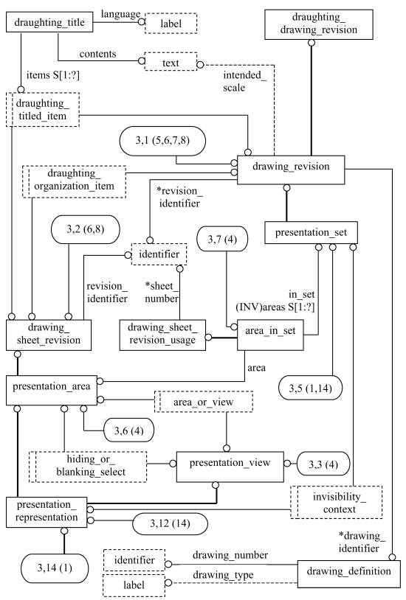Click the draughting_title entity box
(x=50, y=23)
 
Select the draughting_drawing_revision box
(x=319, y=24)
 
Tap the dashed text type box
(x=171, y=62)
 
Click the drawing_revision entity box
(x=291, y=170)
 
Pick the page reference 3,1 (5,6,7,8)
(x=162, y=141)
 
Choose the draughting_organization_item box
(x=74, y=181)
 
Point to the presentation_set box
(x=311, y=232)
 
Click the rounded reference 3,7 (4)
(x=222, y=240)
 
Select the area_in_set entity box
(x=270, y=335)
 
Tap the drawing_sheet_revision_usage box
(x=162, y=335)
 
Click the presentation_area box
(x=52, y=391)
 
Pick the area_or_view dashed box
(x=203, y=402)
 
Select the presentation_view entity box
(x=230, y=467)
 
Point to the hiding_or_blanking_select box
(x=88, y=467)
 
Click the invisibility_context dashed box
(x=336, y=503)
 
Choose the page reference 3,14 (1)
(x=55, y=568)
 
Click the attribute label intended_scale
(x=244, y=81)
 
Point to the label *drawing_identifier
(x=362, y=542)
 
